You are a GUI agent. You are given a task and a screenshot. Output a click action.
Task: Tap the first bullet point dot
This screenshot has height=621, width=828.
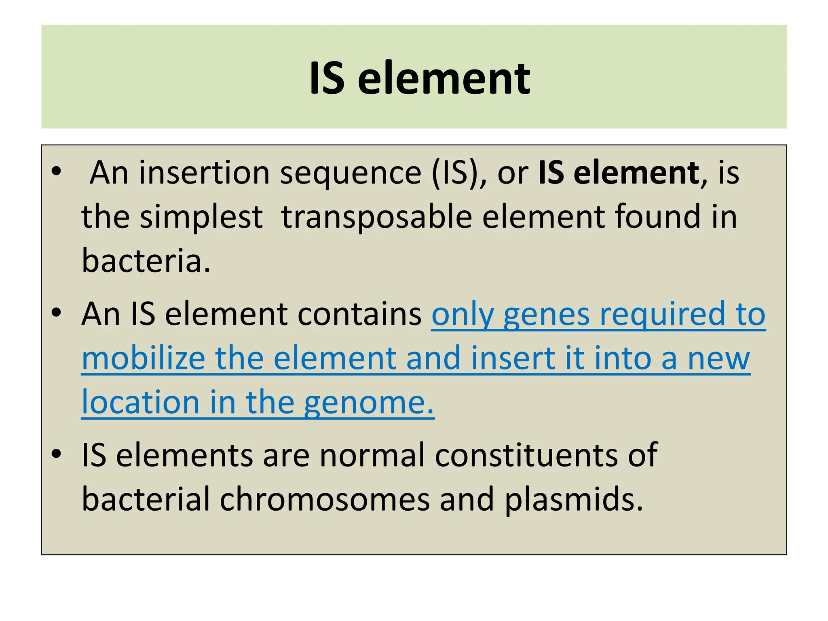(x=56, y=171)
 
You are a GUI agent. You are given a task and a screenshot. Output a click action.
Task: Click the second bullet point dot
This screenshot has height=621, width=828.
(x=56, y=313)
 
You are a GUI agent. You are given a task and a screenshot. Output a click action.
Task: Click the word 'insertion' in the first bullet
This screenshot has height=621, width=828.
(x=204, y=173)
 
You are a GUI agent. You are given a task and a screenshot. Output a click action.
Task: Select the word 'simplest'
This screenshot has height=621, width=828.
(x=201, y=218)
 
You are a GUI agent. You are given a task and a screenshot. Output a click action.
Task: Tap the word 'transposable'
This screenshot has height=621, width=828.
(x=376, y=218)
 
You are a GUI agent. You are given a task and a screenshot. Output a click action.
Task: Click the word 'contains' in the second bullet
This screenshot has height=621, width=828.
(x=359, y=314)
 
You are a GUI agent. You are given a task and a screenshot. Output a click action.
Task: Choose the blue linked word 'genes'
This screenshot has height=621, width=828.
(x=546, y=315)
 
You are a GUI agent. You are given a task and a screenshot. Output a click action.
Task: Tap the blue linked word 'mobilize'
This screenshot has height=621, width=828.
(x=144, y=358)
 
